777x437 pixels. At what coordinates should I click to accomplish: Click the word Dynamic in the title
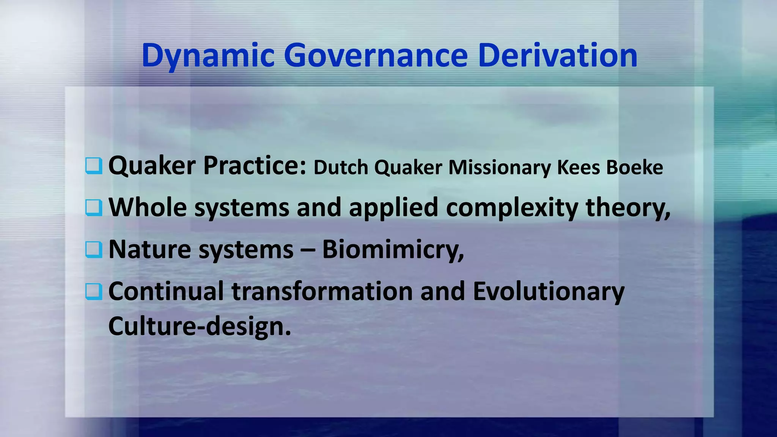click(x=208, y=56)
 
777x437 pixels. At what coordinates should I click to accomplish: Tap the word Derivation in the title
click(x=557, y=55)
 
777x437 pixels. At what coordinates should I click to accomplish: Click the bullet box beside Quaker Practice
click(x=93, y=166)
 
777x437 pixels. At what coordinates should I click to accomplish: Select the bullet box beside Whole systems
click(x=93, y=207)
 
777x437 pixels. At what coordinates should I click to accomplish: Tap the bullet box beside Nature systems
click(x=93, y=250)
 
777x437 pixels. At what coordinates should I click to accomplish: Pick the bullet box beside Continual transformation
click(x=93, y=291)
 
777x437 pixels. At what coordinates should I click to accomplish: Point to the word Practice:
click(x=255, y=166)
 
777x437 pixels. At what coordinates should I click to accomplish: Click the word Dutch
click(x=341, y=167)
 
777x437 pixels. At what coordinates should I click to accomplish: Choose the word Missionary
click(x=499, y=167)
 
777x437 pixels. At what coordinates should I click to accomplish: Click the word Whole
click(x=148, y=207)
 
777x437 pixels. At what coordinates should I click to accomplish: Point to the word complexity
click(x=512, y=208)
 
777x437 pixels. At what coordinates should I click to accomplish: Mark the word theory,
click(x=628, y=208)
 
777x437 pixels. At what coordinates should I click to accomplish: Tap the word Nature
click(x=150, y=250)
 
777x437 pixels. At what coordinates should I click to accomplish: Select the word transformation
click(x=322, y=291)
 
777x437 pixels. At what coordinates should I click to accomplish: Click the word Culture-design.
click(x=200, y=326)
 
